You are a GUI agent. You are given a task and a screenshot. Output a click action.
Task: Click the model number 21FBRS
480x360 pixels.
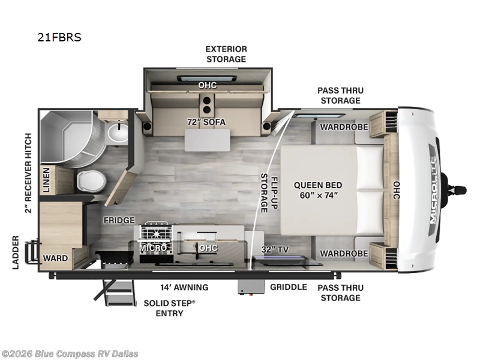pyautogui.click(x=59, y=37)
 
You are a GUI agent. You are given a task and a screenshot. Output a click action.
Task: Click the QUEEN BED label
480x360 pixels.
pyautogui.click(x=318, y=185)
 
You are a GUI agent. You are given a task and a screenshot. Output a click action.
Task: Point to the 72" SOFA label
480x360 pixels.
pyautogui.click(x=206, y=122)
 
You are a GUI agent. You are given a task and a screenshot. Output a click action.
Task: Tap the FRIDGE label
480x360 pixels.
pyautogui.click(x=119, y=220)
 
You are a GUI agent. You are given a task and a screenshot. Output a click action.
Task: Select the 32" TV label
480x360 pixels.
pyautogui.click(x=275, y=250)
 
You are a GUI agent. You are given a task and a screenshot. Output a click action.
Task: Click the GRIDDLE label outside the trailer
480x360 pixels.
pyautogui.click(x=289, y=287)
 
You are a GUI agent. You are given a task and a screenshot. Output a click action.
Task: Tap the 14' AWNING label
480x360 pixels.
pyautogui.click(x=184, y=287)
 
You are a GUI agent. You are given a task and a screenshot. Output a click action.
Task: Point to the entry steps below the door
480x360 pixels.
pyautogui.click(x=116, y=292)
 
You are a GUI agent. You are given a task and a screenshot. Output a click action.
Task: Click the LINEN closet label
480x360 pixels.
pyautogui.click(x=46, y=180)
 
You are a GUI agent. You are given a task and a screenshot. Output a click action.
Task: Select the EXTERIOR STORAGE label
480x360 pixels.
pyautogui.click(x=226, y=54)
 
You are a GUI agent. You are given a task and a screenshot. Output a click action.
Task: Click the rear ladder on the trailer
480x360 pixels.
pyautogui.click(x=32, y=253)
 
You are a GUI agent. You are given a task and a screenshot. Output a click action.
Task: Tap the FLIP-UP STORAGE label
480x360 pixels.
pyautogui.click(x=269, y=193)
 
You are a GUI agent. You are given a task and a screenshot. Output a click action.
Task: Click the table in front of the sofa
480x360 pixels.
pyautogui.click(x=207, y=140)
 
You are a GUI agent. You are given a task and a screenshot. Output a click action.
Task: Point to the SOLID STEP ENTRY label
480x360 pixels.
pyautogui.click(x=169, y=308)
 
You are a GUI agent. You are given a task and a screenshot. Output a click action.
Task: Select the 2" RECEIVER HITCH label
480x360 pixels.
pyautogui.click(x=28, y=173)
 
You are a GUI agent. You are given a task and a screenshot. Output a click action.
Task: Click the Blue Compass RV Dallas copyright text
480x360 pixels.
pyautogui.click(x=70, y=354)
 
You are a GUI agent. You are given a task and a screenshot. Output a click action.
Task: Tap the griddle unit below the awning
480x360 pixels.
pyautogui.click(x=251, y=287)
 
